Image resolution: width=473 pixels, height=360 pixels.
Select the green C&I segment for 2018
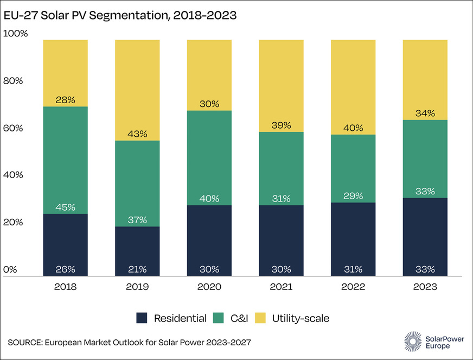65,157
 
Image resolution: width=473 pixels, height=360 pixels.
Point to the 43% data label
137,134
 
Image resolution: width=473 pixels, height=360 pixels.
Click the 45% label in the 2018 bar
65,207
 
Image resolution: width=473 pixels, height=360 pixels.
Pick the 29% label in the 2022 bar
353,195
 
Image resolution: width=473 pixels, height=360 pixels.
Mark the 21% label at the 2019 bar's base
137,269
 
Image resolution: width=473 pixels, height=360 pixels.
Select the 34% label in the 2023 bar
425,113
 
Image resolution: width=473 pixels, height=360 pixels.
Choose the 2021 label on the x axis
281,287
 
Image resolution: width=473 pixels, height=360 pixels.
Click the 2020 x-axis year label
209,287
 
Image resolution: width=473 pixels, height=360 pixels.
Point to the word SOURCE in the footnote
23,342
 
